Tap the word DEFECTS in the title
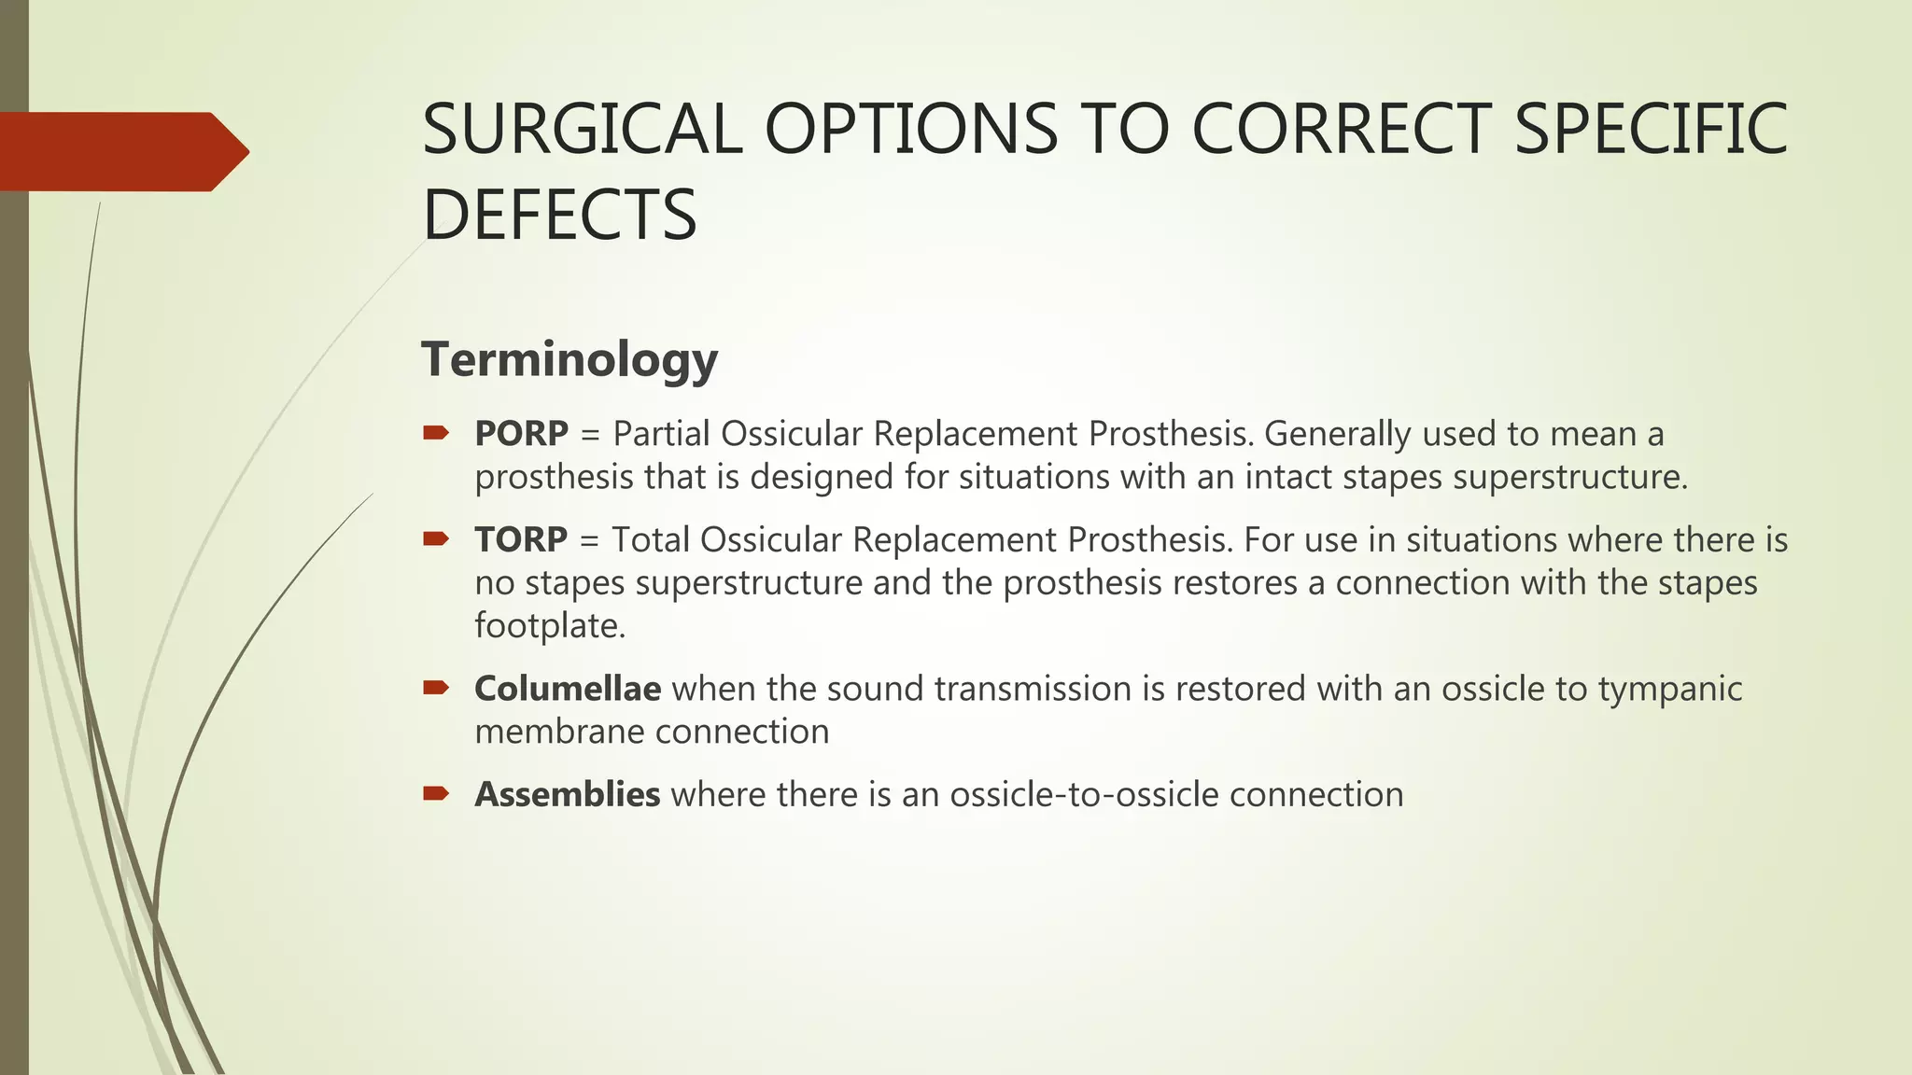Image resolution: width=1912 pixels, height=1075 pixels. click(559, 215)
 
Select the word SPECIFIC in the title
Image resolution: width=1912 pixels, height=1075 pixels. click(1650, 129)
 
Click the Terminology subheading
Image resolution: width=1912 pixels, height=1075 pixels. click(569, 359)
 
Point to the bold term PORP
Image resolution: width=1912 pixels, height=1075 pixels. click(521, 434)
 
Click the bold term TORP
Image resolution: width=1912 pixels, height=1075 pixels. click(520, 540)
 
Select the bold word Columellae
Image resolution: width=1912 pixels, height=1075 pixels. click(568, 689)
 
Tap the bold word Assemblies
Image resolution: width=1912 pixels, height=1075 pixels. click(567, 795)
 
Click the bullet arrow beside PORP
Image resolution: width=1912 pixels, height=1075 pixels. click(436, 433)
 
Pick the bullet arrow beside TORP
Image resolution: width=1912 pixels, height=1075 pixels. click(436, 538)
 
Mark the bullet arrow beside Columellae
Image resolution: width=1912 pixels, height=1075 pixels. click(436, 689)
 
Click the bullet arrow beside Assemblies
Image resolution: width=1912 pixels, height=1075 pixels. click(436, 794)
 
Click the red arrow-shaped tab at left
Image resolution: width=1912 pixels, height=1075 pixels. click(121, 151)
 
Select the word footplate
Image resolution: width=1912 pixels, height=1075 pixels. click(549, 625)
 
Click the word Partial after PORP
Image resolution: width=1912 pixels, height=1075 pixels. click(662, 434)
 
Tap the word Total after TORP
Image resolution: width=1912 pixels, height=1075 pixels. click(651, 540)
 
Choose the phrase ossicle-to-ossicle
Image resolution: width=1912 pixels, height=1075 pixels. click(1084, 795)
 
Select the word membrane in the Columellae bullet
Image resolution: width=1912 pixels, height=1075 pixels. click(551, 732)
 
